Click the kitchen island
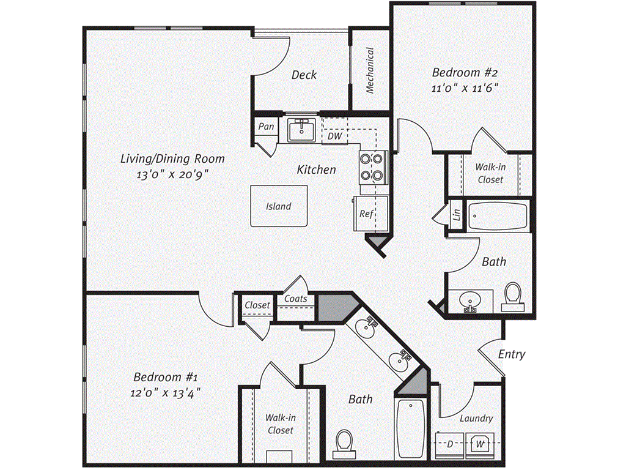pyautogui.click(x=278, y=206)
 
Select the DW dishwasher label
pyautogui.click(x=334, y=136)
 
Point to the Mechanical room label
pyautogui.click(x=369, y=71)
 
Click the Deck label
pyautogui.click(x=304, y=75)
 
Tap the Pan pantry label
pyautogui.click(x=265, y=127)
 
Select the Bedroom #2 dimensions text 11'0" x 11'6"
pyautogui.click(x=461, y=88)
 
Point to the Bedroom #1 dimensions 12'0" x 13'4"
pyautogui.click(x=167, y=392)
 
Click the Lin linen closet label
pyautogui.click(x=456, y=215)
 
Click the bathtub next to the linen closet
pyautogui.click(x=498, y=215)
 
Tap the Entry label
pyautogui.click(x=511, y=354)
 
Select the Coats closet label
pyautogui.click(x=296, y=299)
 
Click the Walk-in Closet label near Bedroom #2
pyautogui.click(x=490, y=173)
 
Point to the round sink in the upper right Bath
pyautogui.click(x=469, y=300)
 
